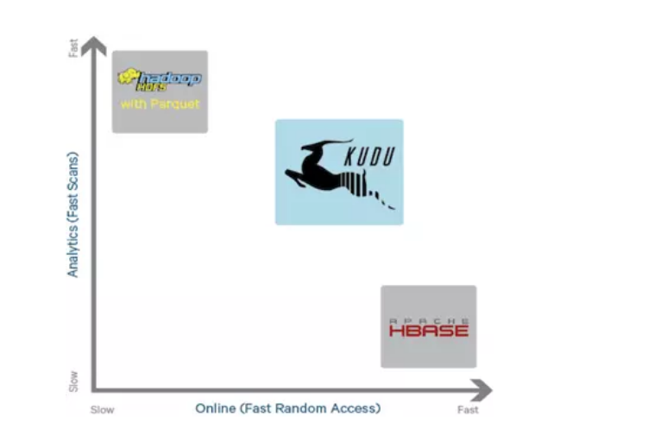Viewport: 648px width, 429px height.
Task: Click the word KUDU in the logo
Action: [372, 158]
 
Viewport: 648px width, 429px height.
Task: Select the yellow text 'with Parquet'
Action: [160, 104]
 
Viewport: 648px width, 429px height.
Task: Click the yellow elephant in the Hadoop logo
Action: [130, 78]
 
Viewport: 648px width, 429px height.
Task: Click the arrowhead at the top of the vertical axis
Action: [95, 44]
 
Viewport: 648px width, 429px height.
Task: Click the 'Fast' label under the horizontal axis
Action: [468, 409]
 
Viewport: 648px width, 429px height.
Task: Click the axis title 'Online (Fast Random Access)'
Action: [287, 407]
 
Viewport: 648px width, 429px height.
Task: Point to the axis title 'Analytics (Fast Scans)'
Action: [72, 215]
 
